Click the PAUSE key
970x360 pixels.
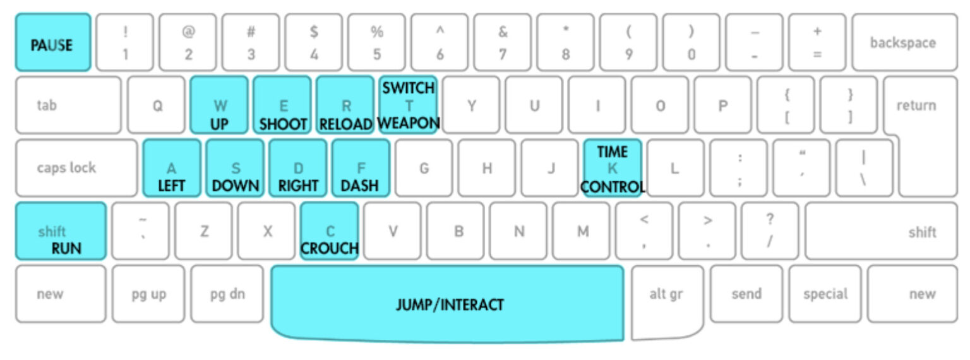coord(53,43)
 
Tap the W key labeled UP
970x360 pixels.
coord(219,105)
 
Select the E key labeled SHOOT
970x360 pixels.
coord(282,105)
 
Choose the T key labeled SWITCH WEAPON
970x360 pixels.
coord(408,105)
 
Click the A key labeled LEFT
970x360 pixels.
coord(172,168)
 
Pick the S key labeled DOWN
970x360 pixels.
coord(235,168)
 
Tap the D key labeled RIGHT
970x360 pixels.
coord(298,168)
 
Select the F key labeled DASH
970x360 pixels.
coord(361,168)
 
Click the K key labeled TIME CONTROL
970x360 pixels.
coord(612,168)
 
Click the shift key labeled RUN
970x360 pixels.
coord(61,231)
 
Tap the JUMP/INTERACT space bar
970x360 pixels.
coord(448,303)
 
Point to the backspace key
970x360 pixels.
coord(902,43)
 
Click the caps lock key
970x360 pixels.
coord(76,168)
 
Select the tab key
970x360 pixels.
coord(68,105)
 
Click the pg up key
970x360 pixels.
coord(148,294)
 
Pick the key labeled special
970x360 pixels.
coord(825,294)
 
